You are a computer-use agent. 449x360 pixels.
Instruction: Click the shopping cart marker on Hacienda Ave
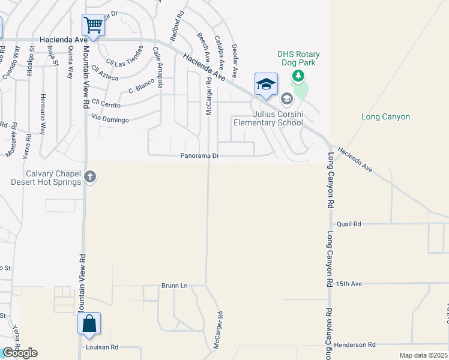pos(93,26)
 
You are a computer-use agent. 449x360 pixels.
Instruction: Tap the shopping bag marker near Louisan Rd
pos(89,323)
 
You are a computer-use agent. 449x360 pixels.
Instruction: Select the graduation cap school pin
pos(266,84)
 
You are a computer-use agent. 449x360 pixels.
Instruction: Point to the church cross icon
pos(90,176)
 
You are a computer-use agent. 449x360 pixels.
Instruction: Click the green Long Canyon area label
pos(386,116)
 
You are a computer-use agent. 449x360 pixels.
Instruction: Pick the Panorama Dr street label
pos(201,156)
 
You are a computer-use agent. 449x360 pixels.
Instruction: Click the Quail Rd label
pos(349,224)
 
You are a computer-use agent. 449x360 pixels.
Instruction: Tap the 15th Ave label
pos(349,283)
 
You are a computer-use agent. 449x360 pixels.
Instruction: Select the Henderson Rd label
pos(355,344)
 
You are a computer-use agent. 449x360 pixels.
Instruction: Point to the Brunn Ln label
pos(175,286)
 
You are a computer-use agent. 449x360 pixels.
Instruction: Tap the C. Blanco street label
pos(142,88)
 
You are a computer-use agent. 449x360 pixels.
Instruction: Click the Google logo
pos(20,353)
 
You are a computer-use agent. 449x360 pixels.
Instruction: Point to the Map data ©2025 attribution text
pos(423,355)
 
